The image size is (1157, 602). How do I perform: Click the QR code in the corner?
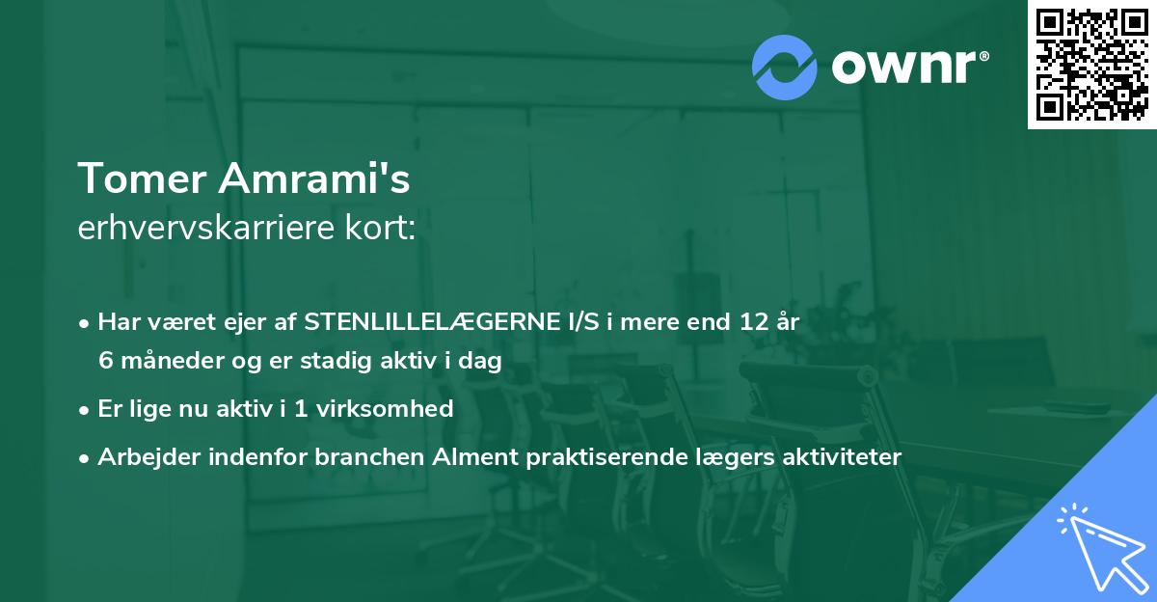point(1092,64)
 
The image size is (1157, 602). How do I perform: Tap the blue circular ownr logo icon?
point(784,67)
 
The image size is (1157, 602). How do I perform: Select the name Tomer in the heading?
point(141,178)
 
